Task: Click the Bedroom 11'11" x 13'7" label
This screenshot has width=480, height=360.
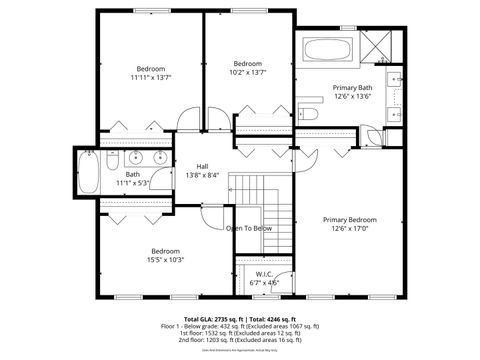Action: click(x=150, y=72)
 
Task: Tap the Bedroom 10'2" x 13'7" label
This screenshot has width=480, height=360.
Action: click(x=247, y=68)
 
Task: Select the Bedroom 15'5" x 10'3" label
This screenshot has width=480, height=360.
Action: click(x=165, y=255)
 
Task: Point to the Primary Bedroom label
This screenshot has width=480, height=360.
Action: click(x=349, y=223)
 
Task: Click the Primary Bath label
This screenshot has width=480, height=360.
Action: click(x=351, y=92)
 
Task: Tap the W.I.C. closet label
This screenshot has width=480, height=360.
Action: click(x=264, y=278)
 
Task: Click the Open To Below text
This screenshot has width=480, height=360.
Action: click(x=249, y=228)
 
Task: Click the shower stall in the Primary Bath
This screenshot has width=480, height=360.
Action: click(x=377, y=49)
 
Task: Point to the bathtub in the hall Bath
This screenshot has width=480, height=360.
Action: click(x=87, y=174)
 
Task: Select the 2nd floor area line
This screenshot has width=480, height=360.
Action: click(x=240, y=340)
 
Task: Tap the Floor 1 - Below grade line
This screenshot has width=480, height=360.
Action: click(x=240, y=326)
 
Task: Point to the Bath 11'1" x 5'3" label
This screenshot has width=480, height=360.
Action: click(x=132, y=179)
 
